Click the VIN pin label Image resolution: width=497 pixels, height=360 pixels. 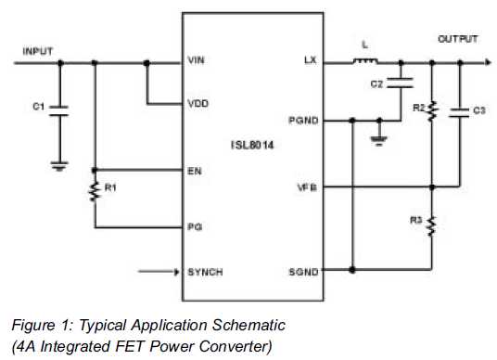(196, 60)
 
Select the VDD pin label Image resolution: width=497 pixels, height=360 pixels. (198, 104)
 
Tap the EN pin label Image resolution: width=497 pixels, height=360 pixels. (195, 172)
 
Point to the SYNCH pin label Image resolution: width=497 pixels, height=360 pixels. (205, 272)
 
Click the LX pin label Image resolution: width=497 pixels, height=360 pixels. (311, 60)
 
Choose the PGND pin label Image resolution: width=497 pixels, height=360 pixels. (303, 121)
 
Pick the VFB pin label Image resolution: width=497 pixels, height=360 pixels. (307, 187)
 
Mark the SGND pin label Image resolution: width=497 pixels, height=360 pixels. (303, 272)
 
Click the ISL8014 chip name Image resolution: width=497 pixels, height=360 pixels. (252, 146)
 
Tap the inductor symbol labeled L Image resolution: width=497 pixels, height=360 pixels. (365, 60)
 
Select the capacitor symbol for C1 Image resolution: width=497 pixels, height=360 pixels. (59, 110)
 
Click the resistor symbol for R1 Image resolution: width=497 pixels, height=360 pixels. (95, 191)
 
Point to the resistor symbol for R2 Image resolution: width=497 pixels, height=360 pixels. (432, 111)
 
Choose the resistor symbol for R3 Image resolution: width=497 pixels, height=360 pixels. (431, 226)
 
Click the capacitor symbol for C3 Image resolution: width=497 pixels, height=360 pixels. (459, 112)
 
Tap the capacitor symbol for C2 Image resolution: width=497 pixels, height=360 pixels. (400, 83)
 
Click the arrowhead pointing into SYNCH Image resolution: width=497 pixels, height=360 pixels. (176, 272)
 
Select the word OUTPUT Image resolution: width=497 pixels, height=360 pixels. (458, 39)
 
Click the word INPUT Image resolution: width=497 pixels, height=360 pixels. (38, 51)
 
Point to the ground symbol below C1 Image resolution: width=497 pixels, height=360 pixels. (59, 166)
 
